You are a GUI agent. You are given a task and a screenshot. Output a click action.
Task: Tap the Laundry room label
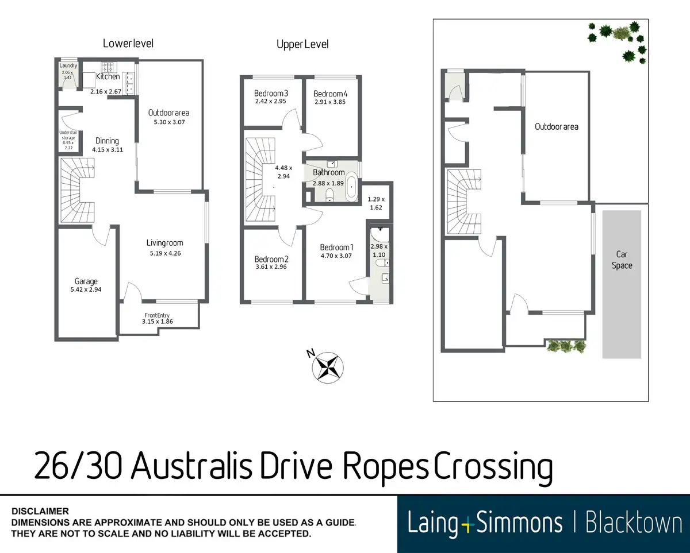tap(68, 66)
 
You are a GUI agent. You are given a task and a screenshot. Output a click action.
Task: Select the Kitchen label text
tap(108, 76)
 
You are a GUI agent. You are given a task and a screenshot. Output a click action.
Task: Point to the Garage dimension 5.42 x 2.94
tap(86, 290)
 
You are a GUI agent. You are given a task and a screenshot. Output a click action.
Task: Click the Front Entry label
tap(158, 314)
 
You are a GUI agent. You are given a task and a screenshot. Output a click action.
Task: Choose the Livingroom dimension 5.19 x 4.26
tap(164, 253)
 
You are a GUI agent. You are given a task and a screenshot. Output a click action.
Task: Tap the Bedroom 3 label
tap(271, 94)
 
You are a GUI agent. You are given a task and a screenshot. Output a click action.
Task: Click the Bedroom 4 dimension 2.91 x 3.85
tap(331, 102)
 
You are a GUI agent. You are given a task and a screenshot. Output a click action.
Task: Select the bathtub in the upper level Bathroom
tap(351, 188)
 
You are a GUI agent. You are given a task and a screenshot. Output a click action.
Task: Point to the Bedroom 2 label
tap(271, 259)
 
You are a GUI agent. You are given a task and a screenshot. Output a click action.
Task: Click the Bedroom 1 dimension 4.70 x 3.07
tap(336, 256)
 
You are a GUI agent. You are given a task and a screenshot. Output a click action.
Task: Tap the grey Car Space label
tap(622, 260)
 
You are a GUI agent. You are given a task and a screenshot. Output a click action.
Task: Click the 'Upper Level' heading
tap(302, 44)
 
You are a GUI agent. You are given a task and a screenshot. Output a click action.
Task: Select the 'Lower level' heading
tap(128, 43)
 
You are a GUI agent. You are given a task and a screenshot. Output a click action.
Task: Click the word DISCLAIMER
tap(40, 511)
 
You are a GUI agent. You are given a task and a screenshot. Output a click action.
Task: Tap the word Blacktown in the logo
tap(633, 523)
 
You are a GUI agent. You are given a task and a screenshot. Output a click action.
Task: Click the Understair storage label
tap(68, 139)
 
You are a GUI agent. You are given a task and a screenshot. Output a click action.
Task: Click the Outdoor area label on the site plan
tap(556, 126)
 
